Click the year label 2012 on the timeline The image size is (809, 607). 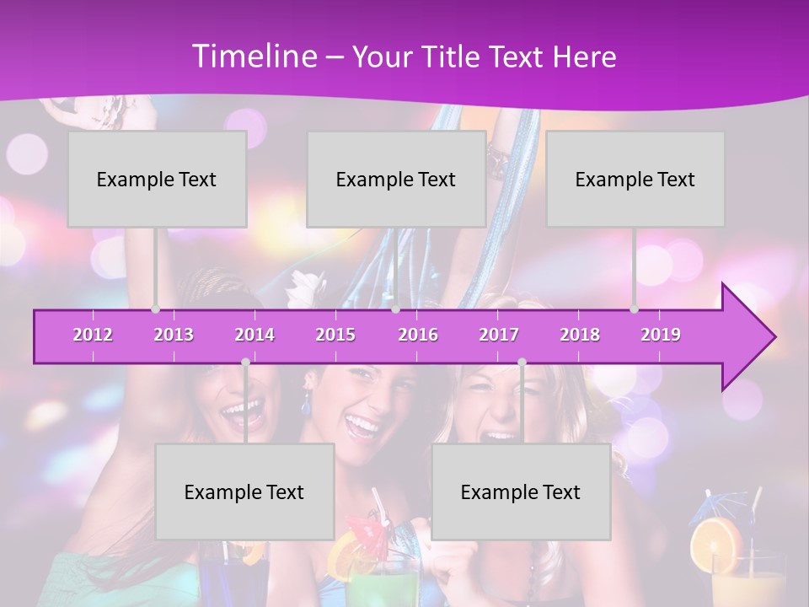(93, 335)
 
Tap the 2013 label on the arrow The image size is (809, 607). (174, 335)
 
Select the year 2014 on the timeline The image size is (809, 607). (254, 335)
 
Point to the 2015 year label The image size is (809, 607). (335, 335)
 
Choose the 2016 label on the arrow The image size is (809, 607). (418, 335)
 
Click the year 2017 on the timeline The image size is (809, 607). (499, 335)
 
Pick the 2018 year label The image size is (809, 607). (580, 335)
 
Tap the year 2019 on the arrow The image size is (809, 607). (661, 335)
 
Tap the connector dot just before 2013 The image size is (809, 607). (155, 309)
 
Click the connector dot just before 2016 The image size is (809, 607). (396, 309)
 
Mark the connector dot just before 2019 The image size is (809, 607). (635, 309)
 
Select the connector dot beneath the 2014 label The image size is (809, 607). (245, 362)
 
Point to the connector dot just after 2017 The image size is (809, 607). (522, 362)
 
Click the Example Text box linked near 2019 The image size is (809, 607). (635, 179)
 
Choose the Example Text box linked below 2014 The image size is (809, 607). (244, 492)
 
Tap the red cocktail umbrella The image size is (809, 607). (364, 529)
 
